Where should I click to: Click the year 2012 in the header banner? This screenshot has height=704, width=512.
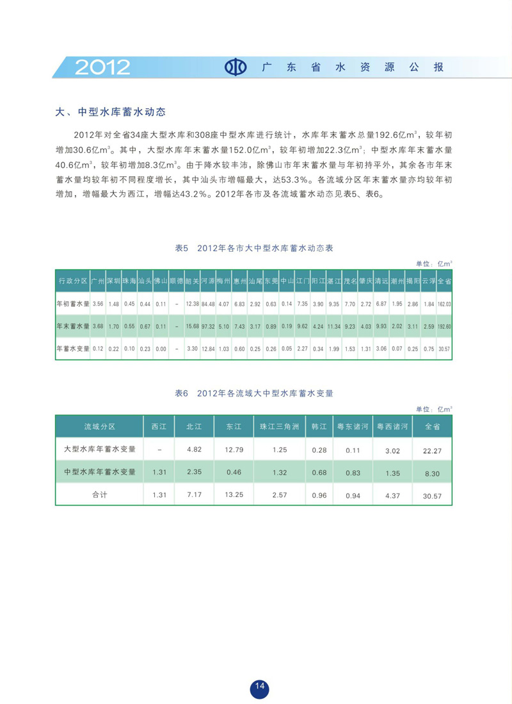tap(102, 67)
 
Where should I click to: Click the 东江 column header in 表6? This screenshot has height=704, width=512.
tap(234, 426)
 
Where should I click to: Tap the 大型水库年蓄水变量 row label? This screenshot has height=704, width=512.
tap(100, 449)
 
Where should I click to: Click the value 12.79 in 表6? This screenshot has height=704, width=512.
tap(234, 450)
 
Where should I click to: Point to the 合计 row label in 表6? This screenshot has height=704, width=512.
tap(100, 495)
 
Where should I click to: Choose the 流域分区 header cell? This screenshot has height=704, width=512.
tap(100, 426)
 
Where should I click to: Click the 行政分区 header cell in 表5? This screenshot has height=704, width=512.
tap(72, 281)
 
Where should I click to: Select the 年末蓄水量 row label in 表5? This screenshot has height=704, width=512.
tap(72, 326)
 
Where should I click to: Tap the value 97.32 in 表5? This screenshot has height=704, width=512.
tap(207, 326)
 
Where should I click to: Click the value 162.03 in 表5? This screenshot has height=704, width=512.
tap(444, 304)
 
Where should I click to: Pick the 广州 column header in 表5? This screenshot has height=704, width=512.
tap(98, 281)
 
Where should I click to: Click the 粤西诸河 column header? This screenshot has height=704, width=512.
tap(392, 426)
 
